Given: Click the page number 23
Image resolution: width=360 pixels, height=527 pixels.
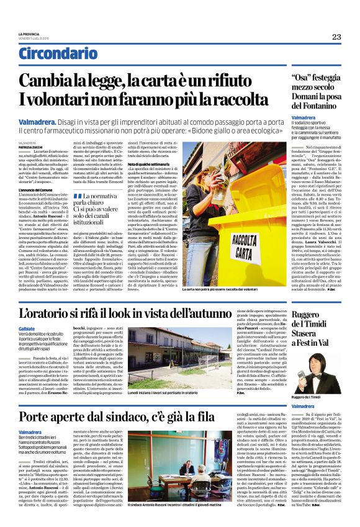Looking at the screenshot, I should click(x=336, y=37).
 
